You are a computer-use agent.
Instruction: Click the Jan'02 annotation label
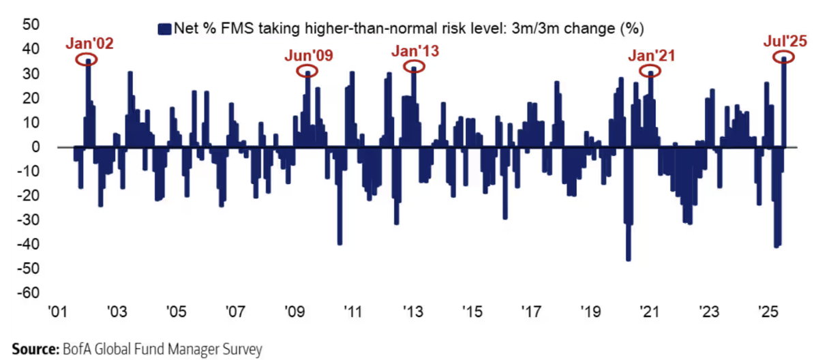tap(89, 44)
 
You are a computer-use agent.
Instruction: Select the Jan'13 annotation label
tap(414, 50)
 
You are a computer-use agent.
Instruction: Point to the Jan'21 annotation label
tap(651, 55)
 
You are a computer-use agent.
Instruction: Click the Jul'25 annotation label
tap(785, 42)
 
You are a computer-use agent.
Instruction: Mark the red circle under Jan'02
tap(88, 60)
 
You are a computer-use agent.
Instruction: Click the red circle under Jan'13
tap(414, 66)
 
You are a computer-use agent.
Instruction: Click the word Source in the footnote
tap(33, 350)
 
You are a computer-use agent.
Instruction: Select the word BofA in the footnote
tap(76, 350)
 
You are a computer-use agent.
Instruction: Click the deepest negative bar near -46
tap(628, 245)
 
